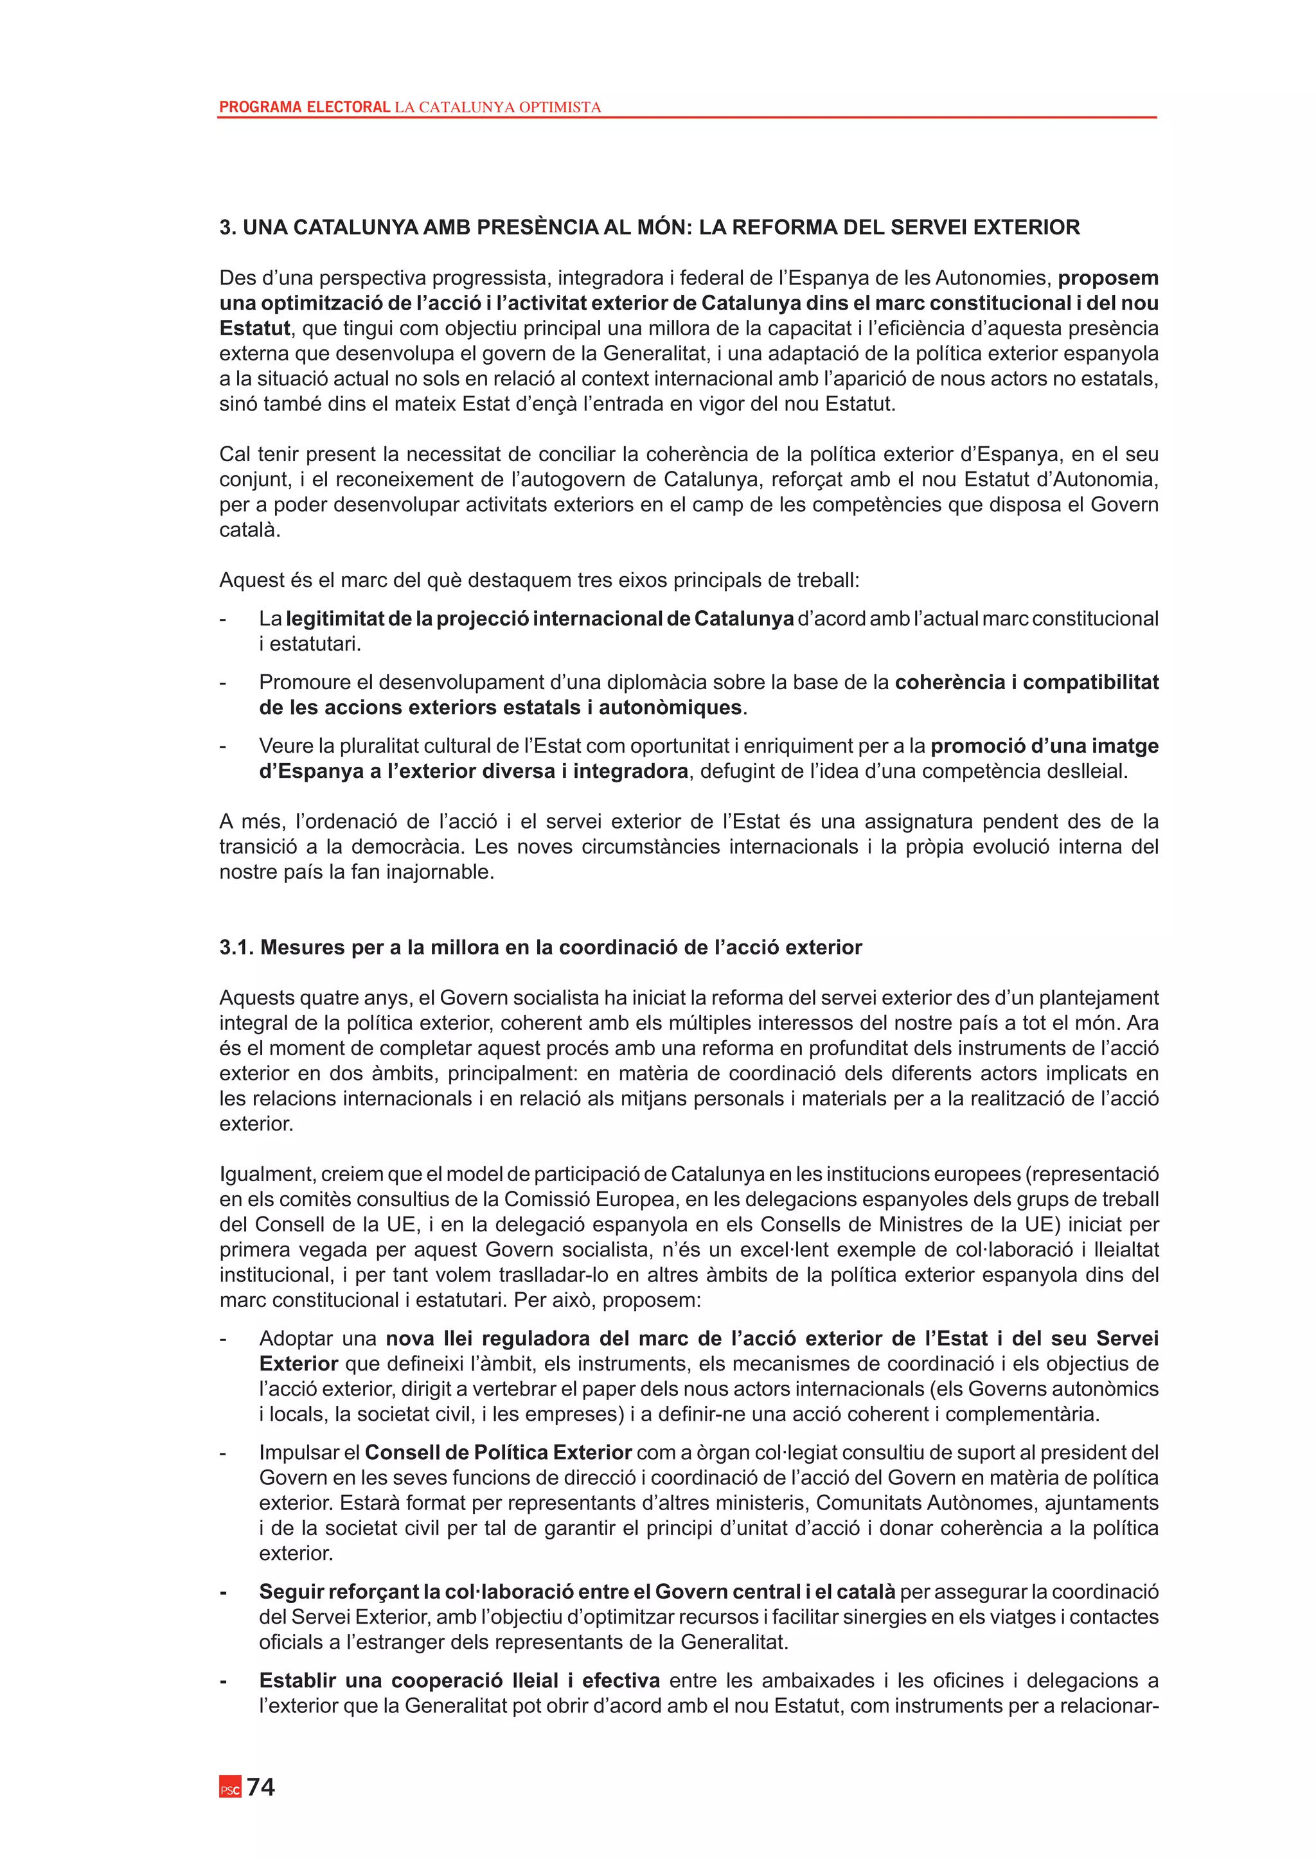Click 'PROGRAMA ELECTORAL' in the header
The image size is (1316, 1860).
[305, 107]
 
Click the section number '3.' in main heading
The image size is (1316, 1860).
[227, 227]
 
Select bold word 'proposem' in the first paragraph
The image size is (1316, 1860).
[1108, 278]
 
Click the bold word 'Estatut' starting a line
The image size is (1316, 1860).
[254, 328]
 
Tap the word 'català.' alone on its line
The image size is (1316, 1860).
[249, 530]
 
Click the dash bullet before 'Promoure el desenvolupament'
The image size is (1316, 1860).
[223, 682]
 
